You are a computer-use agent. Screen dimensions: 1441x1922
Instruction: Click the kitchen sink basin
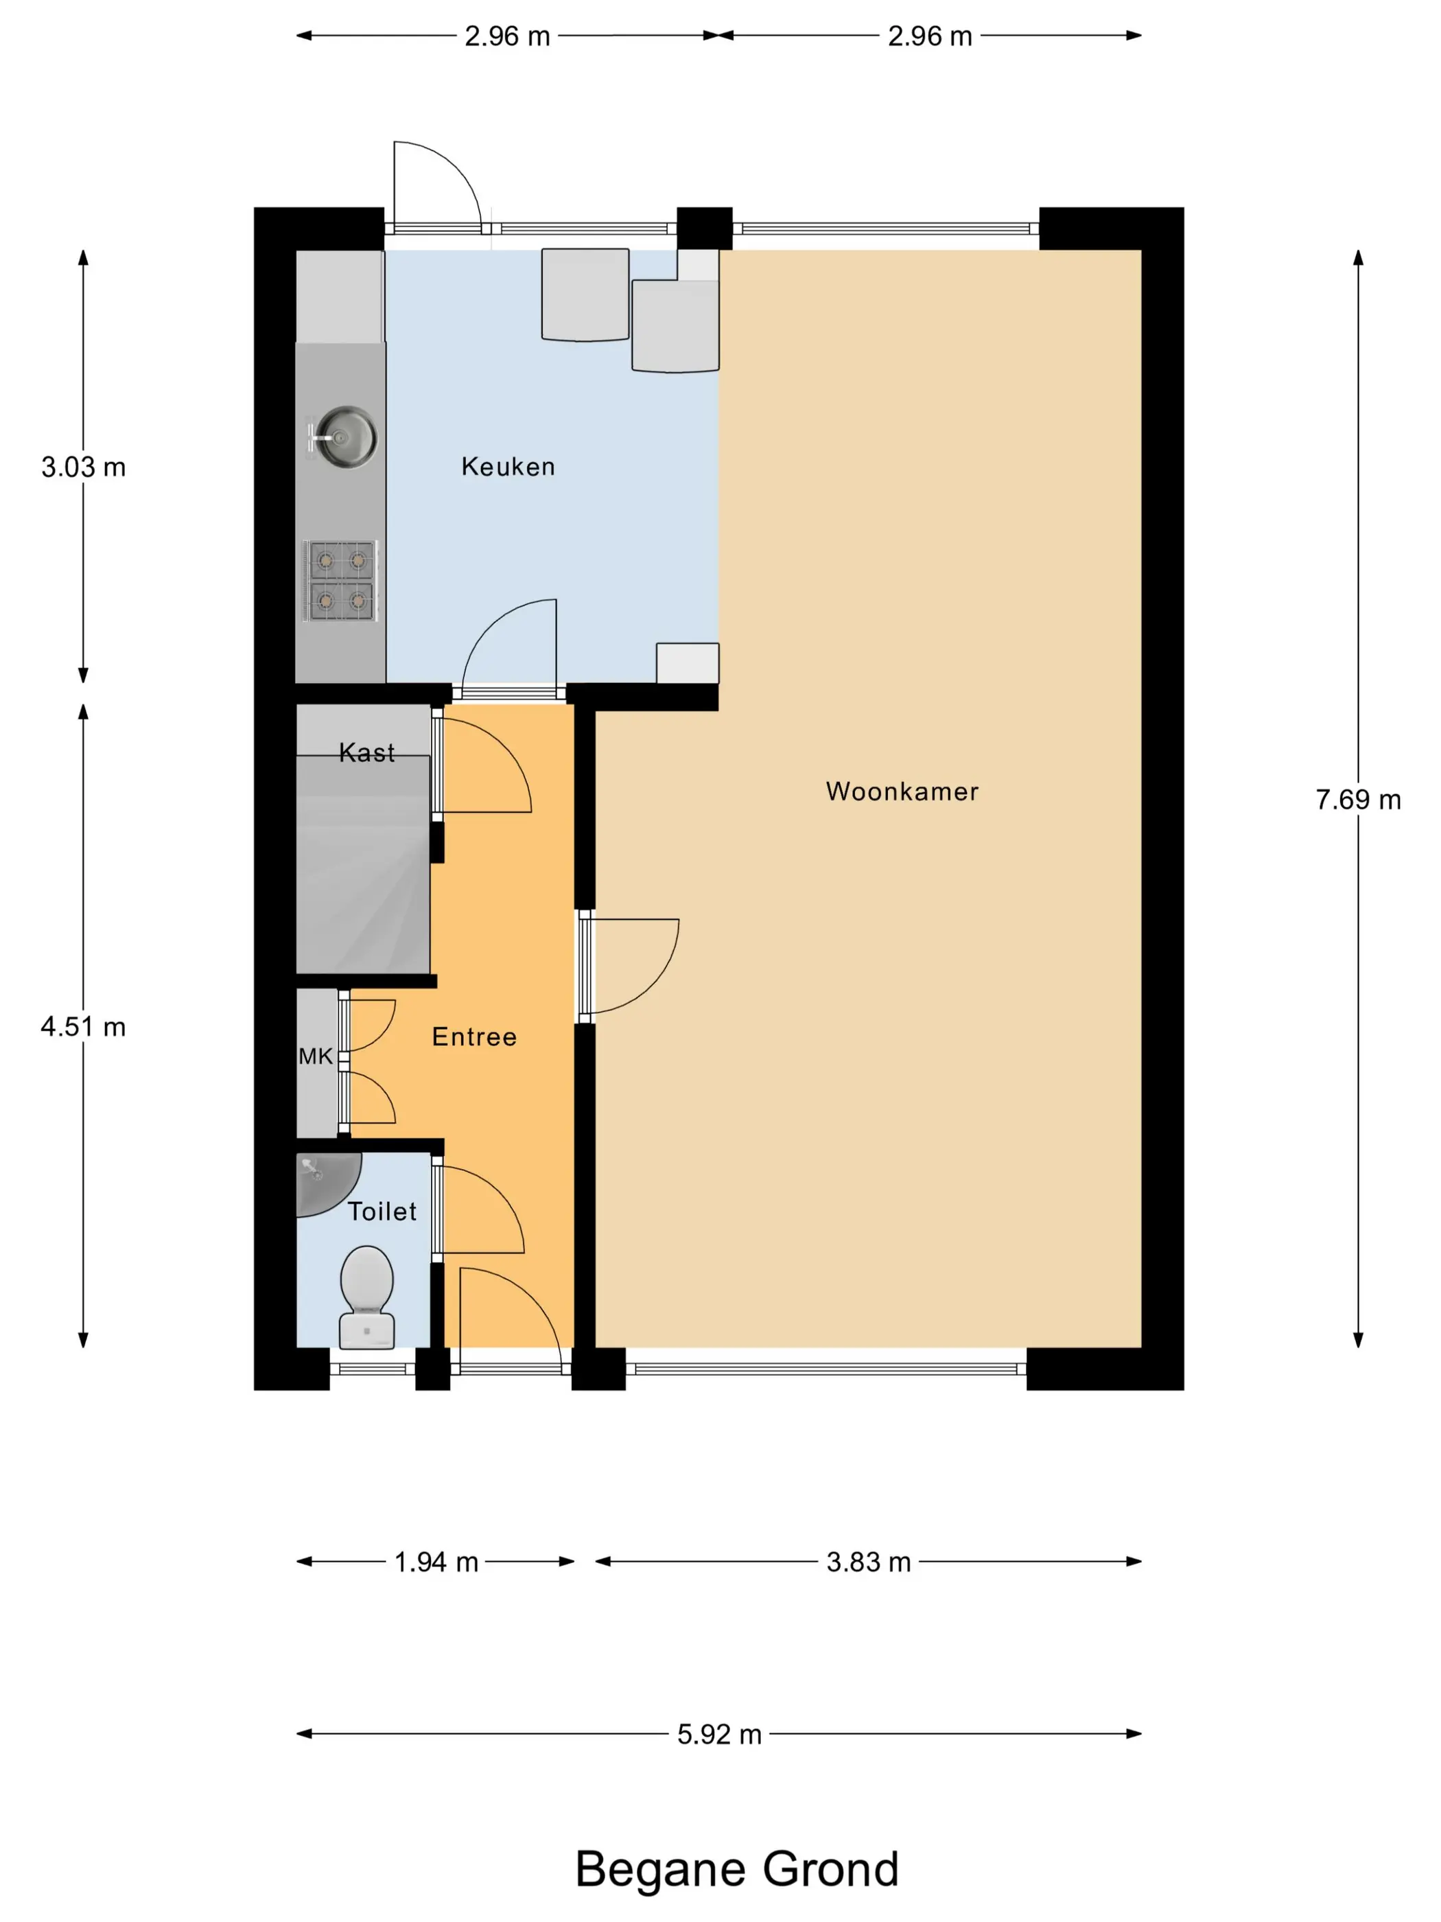click(x=345, y=436)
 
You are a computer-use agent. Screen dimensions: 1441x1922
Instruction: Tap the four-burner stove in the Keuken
click(x=340, y=581)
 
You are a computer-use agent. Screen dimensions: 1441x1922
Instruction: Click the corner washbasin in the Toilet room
click(x=323, y=1180)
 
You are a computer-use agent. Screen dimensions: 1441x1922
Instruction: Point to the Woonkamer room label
click(x=902, y=791)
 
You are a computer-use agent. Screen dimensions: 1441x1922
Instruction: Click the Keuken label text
click(x=508, y=467)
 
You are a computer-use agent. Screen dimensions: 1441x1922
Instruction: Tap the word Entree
click(x=474, y=1037)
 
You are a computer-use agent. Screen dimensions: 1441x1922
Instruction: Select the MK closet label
click(x=315, y=1056)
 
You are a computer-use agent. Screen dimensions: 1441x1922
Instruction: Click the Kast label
click(x=366, y=752)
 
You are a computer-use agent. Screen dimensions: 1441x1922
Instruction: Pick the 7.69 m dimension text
click(x=1357, y=800)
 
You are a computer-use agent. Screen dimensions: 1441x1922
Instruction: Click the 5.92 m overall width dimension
click(x=719, y=1735)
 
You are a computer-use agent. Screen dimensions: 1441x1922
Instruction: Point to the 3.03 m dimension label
click(x=84, y=467)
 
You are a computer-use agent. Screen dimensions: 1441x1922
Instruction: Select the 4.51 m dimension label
click(x=84, y=1027)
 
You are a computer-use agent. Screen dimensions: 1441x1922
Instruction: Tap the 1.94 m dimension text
click(x=436, y=1562)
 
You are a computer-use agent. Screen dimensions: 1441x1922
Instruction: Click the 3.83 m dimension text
click(x=869, y=1562)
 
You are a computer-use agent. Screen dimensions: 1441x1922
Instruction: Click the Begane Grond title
click(x=736, y=1870)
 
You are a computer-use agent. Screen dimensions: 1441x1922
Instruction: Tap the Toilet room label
click(x=382, y=1212)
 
